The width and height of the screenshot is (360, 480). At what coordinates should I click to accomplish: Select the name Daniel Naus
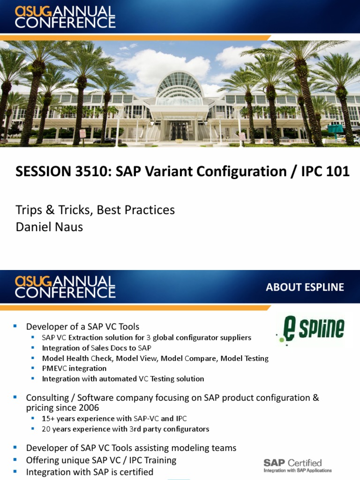(49, 227)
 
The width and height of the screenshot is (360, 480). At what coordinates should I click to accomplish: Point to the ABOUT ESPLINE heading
(305, 287)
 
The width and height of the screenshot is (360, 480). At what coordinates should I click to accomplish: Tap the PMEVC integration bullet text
(74, 368)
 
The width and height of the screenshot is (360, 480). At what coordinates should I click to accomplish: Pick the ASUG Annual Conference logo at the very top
(65, 17)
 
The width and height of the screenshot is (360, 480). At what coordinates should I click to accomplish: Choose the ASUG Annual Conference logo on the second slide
(65, 287)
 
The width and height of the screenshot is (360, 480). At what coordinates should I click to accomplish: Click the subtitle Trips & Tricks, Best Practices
(95, 210)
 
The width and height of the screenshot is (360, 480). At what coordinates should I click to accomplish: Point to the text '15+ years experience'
(78, 419)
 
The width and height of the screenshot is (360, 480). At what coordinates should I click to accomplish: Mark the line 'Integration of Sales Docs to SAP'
(97, 348)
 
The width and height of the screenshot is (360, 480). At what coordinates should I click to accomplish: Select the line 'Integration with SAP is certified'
(90, 472)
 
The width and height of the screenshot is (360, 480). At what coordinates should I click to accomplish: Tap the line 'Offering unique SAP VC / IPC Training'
(101, 460)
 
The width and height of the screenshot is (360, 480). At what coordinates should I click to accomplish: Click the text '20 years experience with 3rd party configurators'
(125, 429)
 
